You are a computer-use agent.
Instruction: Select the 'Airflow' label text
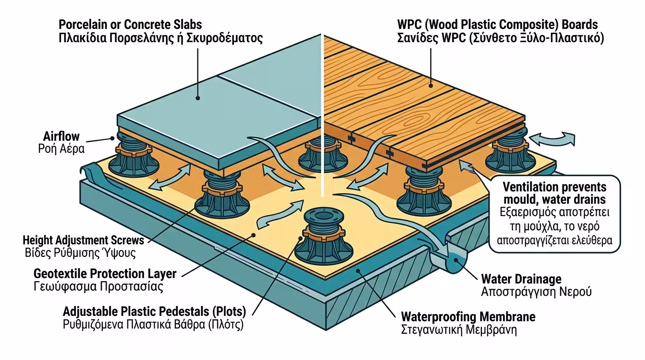(61, 137)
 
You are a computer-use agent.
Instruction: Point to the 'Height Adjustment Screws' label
(83, 241)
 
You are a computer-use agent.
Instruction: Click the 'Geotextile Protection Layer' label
(105, 274)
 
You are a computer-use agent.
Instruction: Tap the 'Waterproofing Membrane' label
(468, 317)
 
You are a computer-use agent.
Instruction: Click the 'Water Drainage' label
(521, 279)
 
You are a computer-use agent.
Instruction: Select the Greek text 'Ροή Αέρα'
(61, 150)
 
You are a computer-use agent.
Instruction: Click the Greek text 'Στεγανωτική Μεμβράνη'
(459, 330)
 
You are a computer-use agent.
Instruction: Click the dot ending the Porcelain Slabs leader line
(198, 98)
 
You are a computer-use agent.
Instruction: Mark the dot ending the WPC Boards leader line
(432, 86)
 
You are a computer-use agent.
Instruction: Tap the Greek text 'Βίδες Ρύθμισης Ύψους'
(80, 254)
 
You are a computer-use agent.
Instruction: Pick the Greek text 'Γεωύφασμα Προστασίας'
(98, 287)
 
